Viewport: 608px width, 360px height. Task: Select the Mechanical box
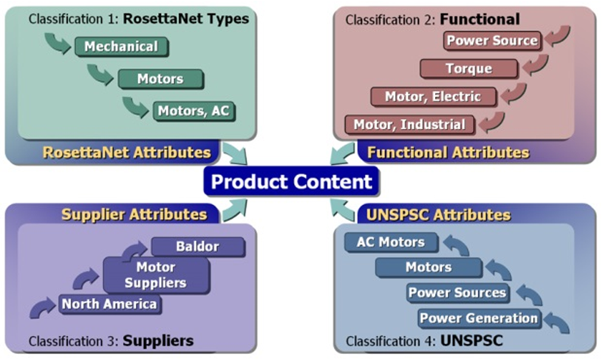coord(120,47)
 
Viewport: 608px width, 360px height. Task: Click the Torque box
coord(468,69)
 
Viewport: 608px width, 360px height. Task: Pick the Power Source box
coord(493,40)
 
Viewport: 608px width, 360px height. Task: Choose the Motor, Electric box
coord(432,96)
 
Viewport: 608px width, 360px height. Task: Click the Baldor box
coord(197,246)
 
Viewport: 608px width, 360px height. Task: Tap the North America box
coord(109,304)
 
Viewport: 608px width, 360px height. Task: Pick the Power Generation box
coord(479,319)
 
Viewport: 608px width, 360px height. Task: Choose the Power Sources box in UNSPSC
coord(457,293)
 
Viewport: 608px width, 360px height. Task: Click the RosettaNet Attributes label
coord(126,153)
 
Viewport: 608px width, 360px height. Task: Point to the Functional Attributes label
coord(448,153)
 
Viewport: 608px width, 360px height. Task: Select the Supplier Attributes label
coord(134,214)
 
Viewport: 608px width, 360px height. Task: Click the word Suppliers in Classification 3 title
coord(158,341)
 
